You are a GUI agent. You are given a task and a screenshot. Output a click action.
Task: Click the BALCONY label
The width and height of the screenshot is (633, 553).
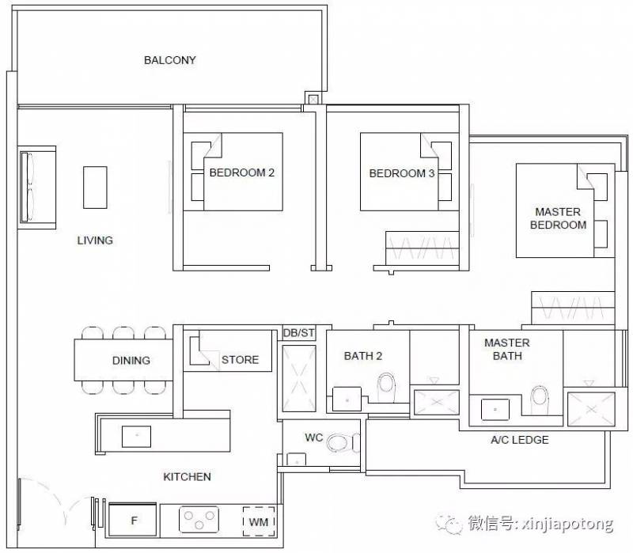click(169, 60)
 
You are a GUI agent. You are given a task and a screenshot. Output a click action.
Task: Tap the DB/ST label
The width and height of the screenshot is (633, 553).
click(299, 333)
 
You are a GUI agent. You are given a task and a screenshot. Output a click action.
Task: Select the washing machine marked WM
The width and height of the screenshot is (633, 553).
click(259, 521)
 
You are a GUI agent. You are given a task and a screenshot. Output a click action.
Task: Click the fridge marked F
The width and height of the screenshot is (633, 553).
click(132, 520)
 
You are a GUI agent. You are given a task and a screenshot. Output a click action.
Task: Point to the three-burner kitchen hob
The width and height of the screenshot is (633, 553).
click(199, 520)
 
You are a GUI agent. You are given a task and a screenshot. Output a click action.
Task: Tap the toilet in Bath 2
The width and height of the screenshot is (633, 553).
click(386, 388)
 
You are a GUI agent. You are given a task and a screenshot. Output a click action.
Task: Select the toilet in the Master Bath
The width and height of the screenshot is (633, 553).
click(540, 400)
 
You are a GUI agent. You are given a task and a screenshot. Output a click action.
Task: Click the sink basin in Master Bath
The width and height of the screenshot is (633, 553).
click(495, 410)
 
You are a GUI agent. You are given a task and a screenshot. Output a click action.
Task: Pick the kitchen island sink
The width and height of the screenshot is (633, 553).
click(136, 437)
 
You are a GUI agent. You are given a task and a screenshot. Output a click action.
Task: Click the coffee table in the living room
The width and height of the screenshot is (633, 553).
click(95, 187)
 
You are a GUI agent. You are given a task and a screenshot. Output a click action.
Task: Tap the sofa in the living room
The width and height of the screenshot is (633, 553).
click(37, 187)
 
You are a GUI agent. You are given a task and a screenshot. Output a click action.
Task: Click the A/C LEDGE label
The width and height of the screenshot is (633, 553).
click(520, 440)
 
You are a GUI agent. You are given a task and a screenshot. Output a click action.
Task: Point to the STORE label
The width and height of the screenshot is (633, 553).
click(241, 360)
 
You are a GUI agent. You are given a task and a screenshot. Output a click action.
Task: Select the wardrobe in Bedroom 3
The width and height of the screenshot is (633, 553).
click(423, 248)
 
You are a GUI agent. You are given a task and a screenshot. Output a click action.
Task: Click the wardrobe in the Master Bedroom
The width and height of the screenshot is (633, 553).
click(573, 308)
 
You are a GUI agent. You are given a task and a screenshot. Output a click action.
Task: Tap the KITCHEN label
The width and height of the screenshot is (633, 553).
click(187, 477)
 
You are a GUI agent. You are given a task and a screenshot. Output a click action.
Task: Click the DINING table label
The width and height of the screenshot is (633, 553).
click(131, 361)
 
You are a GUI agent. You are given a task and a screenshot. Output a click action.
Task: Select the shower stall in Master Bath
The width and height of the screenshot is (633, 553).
click(591, 409)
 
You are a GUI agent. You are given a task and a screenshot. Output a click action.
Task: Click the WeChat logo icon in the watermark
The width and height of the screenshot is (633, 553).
click(449, 524)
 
